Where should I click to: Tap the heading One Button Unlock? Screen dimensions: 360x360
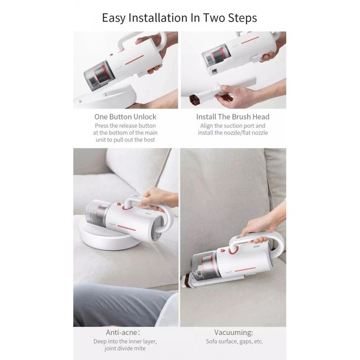coord(125,117)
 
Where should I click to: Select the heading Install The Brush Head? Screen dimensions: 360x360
coord(233,117)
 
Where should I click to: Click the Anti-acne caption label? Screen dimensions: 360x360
coord(123,332)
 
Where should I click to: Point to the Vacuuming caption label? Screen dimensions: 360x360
coord(234,332)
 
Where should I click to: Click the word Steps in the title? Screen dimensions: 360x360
coord(242,18)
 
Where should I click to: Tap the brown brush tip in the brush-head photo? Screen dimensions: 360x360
coord(193,99)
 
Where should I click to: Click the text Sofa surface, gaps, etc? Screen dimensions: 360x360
coord(235,342)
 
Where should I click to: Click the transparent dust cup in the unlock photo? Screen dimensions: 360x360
coord(99,75)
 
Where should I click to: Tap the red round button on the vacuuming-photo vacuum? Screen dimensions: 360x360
coord(223,250)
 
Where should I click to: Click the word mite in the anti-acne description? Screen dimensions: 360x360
coord(140,349)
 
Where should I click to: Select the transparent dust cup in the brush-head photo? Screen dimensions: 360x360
coord(217,57)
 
